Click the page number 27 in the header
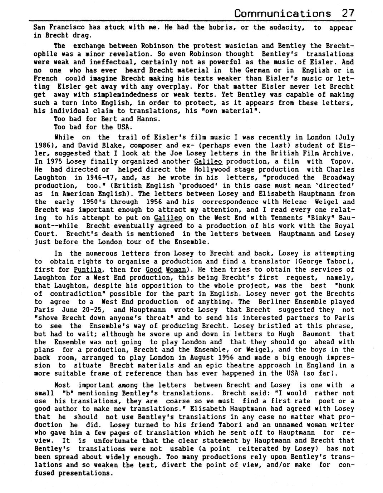(348, 14)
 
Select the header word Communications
(283, 14)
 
